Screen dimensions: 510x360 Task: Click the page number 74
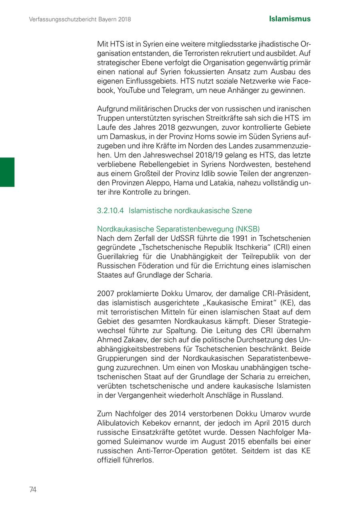click(x=33, y=490)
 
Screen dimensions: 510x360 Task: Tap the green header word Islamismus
click(x=290, y=19)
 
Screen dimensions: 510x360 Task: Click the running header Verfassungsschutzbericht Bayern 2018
click(x=80, y=19)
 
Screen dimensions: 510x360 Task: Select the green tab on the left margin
click(x=7, y=172)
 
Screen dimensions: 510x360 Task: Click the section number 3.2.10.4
click(x=110, y=210)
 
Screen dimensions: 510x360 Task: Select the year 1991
click(x=233, y=238)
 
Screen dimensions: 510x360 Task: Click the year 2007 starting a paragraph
click(x=105, y=294)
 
